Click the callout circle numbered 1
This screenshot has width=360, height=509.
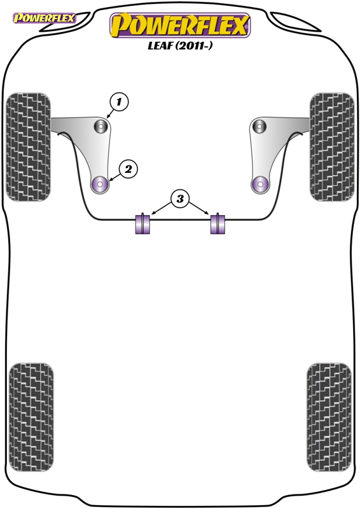click(x=119, y=102)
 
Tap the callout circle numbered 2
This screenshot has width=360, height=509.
click(x=128, y=169)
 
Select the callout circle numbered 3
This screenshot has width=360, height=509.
click(x=180, y=199)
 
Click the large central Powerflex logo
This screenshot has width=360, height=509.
click(x=180, y=25)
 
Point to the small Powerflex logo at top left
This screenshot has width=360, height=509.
click(x=44, y=18)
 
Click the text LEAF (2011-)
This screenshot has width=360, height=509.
click(x=180, y=46)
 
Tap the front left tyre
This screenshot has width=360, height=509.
click(x=28, y=147)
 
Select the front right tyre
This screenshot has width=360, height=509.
click(x=332, y=147)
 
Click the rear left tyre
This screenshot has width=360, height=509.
click(x=31, y=417)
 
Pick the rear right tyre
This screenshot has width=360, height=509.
click(x=329, y=417)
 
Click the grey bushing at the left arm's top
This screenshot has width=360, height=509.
click(x=100, y=126)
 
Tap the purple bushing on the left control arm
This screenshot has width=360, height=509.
click(x=100, y=185)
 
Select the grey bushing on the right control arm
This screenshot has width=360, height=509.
click(x=260, y=126)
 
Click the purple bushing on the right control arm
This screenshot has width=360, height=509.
click(x=260, y=185)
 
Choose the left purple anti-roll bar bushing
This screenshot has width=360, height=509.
click(x=142, y=223)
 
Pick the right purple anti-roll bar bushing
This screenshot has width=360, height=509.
click(x=218, y=223)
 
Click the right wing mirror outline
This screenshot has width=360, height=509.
click(x=294, y=22)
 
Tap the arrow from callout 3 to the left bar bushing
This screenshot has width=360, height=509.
click(x=162, y=209)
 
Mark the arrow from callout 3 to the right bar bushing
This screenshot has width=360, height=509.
click(x=198, y=209)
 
